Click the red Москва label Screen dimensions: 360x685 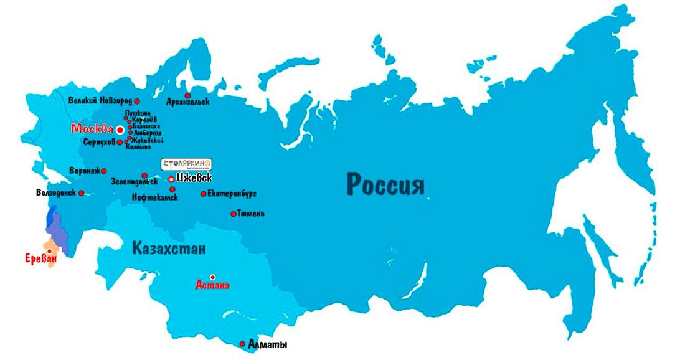[92, 130]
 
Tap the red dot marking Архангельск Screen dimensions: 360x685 [187, 95]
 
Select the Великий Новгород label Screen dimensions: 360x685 [100, 100]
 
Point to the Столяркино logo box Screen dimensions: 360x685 [187, 164]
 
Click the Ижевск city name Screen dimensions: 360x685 [198, 178]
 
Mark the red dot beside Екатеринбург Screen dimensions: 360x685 [203, 194]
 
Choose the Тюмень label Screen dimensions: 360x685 [252, 214]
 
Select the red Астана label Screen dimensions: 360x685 [212, 286]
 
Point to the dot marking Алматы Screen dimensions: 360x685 [242, 343]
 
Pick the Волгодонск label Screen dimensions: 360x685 [56, 193]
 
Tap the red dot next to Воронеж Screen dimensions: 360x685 [104, 171]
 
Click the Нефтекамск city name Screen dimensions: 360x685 [155, 197]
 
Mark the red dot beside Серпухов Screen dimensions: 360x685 [120, 142]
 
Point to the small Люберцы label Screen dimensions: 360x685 [148, 133]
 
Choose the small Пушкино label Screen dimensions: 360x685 [139, 113]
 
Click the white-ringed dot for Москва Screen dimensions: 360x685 [120, 130]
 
